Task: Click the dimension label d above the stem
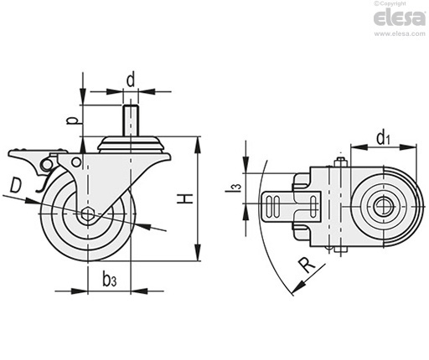tap(131, 80)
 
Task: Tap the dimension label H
tap(185, 199)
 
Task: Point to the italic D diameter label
tap(16, 186)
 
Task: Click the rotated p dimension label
tap(72, 121)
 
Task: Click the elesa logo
tap(400, 18)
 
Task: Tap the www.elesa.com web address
tap(400, 33)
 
